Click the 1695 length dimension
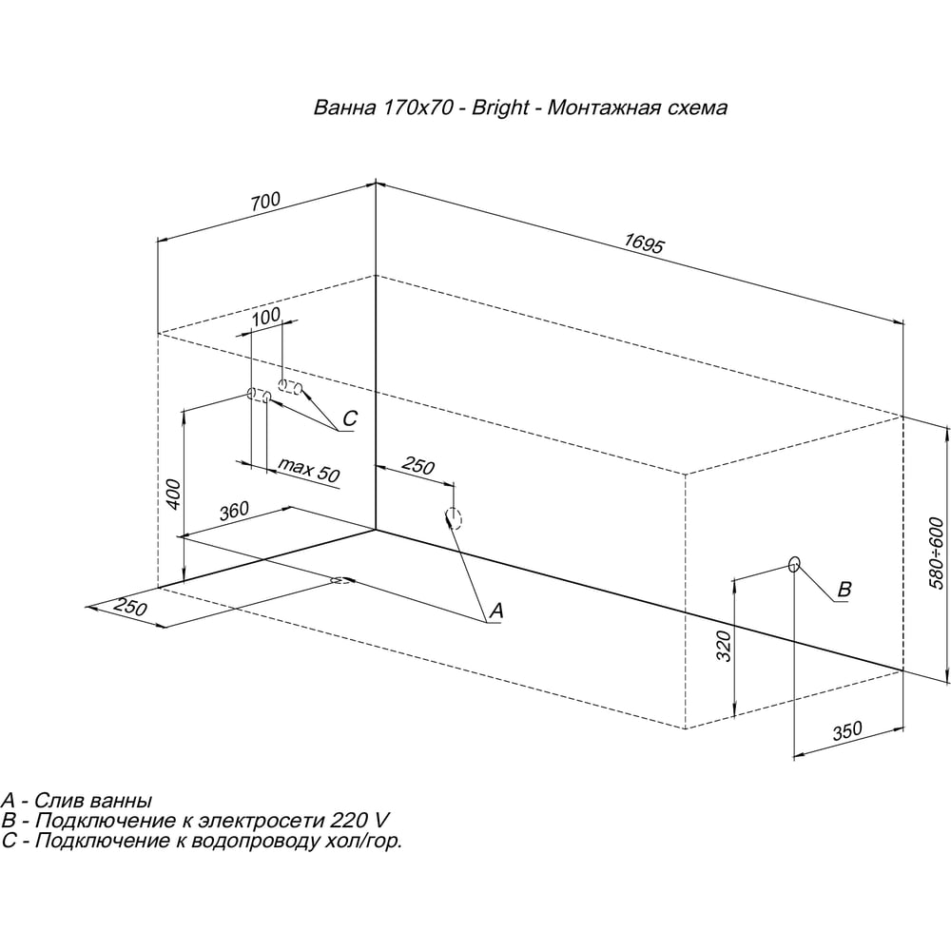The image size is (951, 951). (644, 243)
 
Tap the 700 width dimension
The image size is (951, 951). (265, 202)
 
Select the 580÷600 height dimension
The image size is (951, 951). (936, 553)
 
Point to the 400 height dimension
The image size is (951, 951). (173, 495)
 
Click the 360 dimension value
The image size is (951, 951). (234, 511)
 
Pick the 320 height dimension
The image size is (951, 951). (724, 646)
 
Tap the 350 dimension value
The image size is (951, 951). (846, 730)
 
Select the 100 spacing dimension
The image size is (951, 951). (266, 316)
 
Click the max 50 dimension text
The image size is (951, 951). (308, 470)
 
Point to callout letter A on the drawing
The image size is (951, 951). (496, 611)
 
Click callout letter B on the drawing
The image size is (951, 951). (844, 589)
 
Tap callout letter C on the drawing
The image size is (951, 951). (350, 418)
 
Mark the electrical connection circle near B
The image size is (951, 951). (794, 564)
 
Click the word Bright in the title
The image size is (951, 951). (500, 107)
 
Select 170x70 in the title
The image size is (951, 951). (417, 108)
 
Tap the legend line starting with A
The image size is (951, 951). (76, 801)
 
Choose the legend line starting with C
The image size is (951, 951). (202, 842)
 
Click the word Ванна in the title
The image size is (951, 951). (344, 108)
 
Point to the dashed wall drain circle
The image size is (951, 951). (454, 518)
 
